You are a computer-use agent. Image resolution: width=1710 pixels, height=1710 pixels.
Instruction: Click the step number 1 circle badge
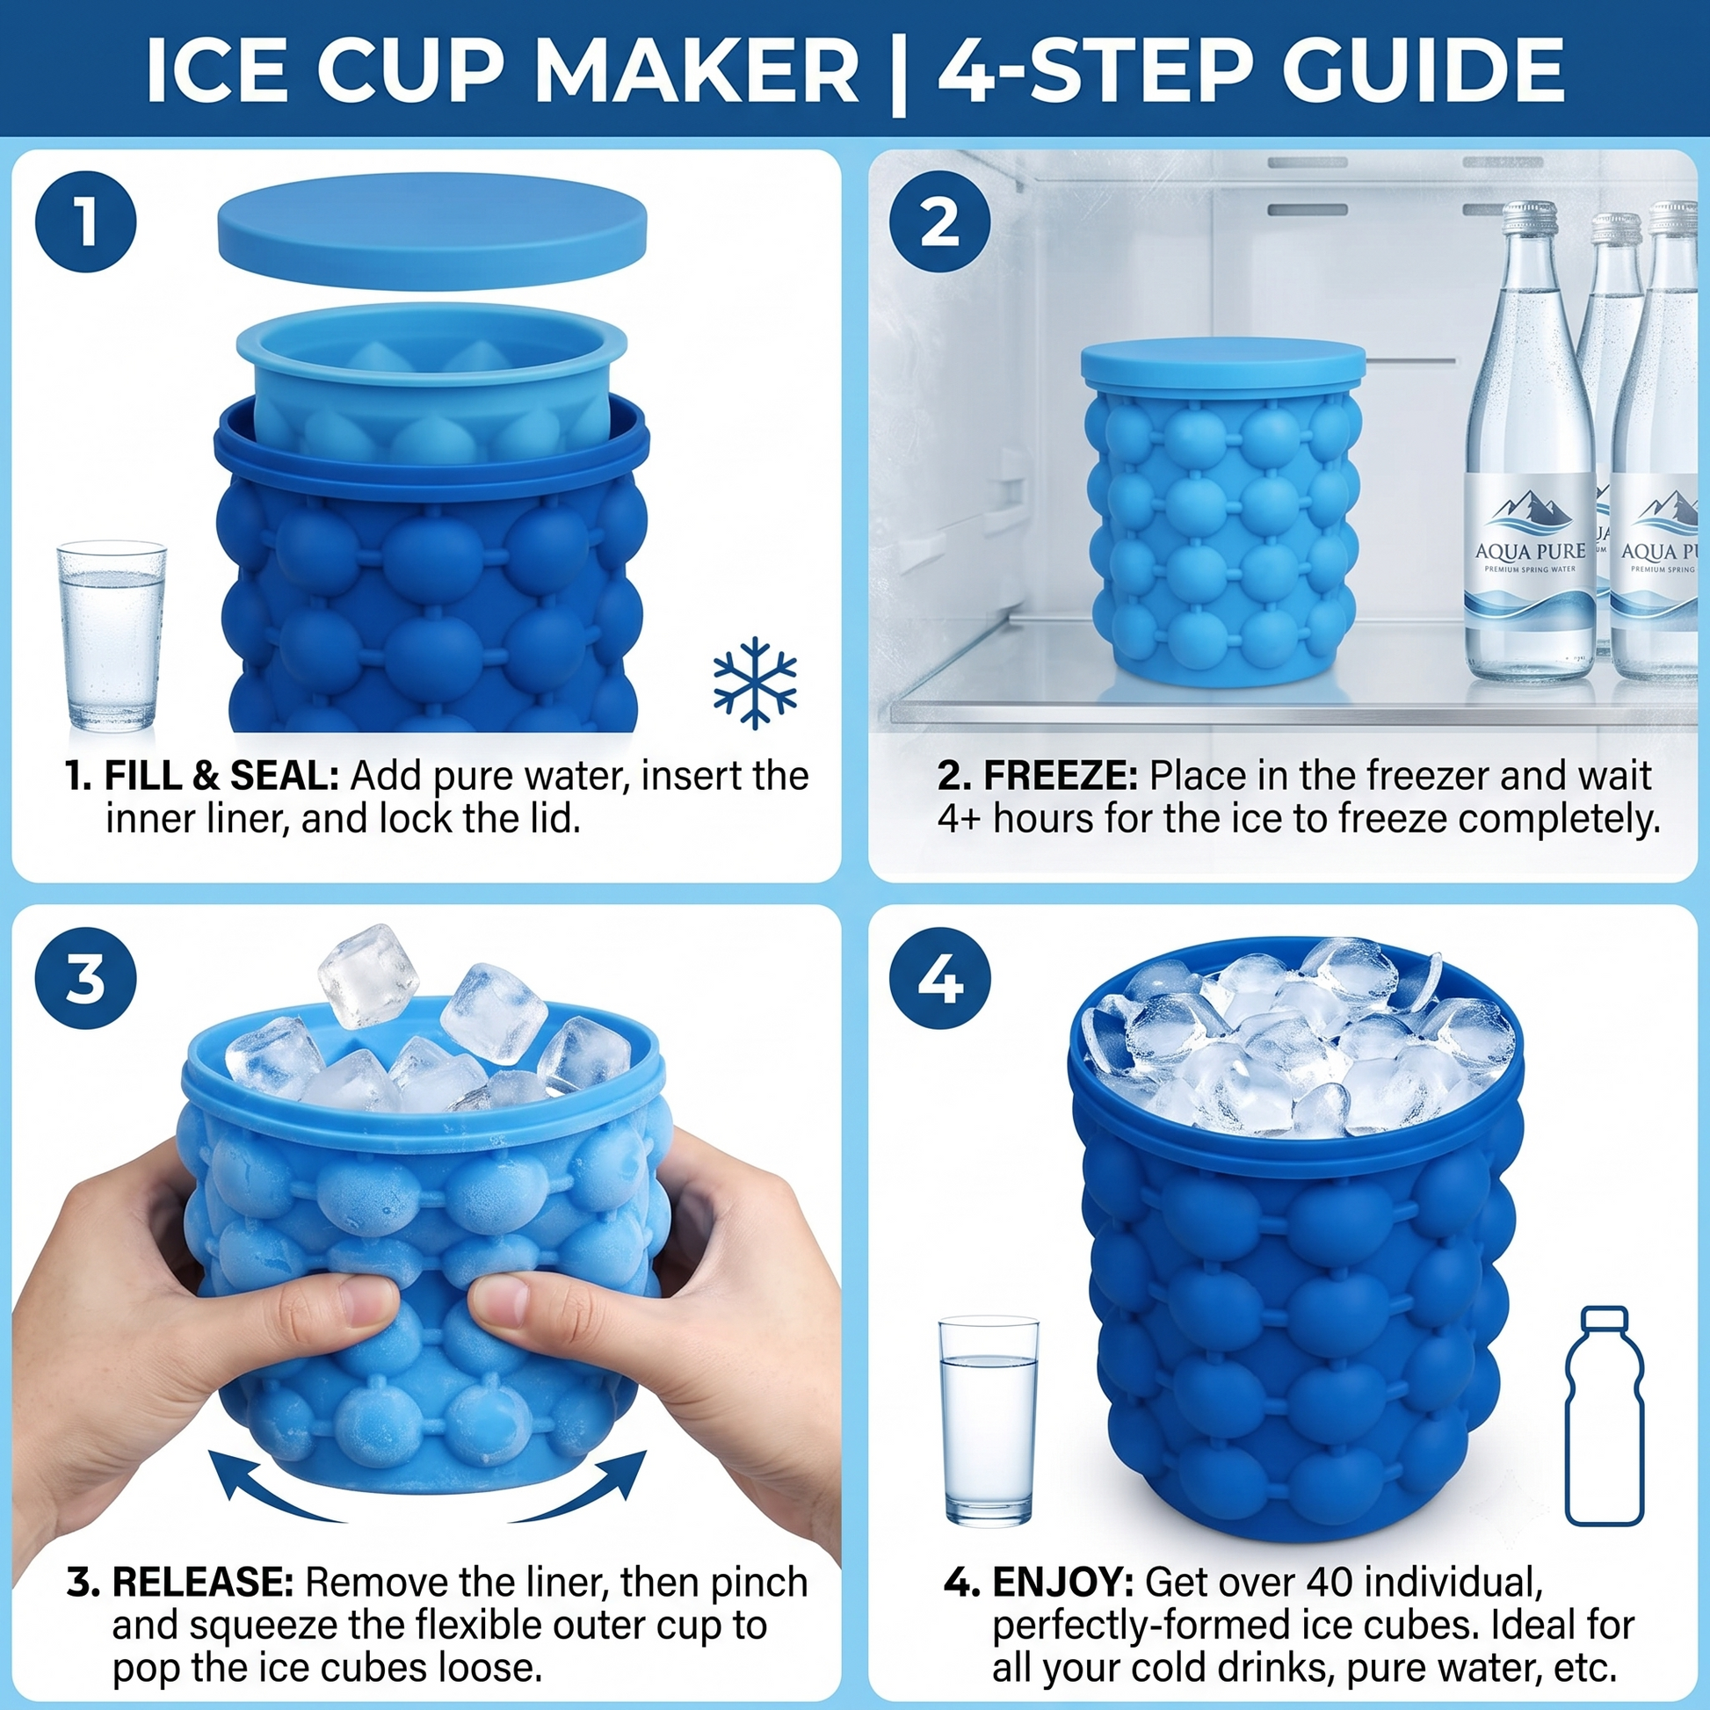(86, 222)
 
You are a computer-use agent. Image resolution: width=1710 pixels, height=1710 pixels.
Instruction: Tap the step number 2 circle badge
(939, 222)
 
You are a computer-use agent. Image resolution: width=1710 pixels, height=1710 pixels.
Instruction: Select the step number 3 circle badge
(86, 980)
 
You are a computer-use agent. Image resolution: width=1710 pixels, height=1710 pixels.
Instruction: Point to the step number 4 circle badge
(939, 980)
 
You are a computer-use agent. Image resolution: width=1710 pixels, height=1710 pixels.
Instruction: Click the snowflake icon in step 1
(754, 682)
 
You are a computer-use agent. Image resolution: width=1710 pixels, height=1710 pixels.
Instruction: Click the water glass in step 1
(112, 637)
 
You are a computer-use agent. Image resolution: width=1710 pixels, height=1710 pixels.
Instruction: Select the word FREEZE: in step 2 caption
(1061, 776)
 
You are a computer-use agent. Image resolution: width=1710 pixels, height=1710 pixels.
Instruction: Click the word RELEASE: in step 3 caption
(203, 1583)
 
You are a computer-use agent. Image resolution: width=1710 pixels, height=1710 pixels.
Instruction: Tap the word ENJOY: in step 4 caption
(1063, 1583)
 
